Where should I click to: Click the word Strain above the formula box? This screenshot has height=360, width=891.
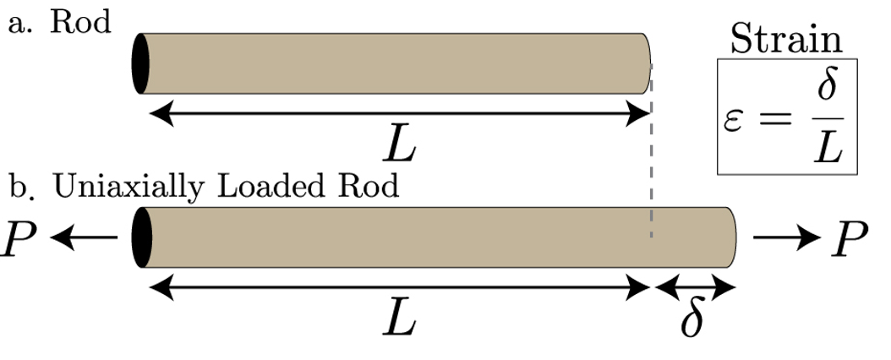pyautogui.click(x=786, y=39)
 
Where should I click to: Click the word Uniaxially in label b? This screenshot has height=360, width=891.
pyautogui.click(x=126, y=187)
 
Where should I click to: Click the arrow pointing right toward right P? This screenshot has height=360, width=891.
pyautogui.click(x=785, y=239)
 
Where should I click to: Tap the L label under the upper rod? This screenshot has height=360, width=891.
pyautogui.click(x=398, y=147)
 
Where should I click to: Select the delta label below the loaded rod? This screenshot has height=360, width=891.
pyautogui.click(x=692, y=321)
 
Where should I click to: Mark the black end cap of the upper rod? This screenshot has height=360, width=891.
pyautogui.click(x=140, y=63)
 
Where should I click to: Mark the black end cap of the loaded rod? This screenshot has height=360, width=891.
pyautogui.click(x=140, y=237)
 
